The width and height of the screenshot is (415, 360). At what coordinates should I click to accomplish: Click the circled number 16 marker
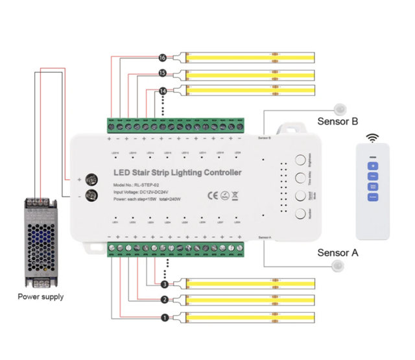(x=162, y=57)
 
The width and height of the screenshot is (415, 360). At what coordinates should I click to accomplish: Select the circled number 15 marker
(x=162, y=74)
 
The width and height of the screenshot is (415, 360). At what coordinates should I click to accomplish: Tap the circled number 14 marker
(x=162, y=91)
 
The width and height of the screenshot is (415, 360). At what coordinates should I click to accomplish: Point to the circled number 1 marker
(x=164, y=318)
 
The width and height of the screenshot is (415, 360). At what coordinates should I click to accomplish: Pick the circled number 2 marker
(x=164, y=300)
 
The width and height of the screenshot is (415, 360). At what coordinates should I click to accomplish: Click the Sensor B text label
(x=337, y=121)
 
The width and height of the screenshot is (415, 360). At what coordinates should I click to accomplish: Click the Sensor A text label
(x=337, y=252)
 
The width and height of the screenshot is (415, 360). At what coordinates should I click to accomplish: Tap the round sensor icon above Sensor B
(x=338, y=108)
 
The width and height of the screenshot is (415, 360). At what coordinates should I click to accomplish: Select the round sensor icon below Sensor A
(x=337, y=266)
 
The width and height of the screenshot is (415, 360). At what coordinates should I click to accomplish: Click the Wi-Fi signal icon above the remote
(x=372, y=138)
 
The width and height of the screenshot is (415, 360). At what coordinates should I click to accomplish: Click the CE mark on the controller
(x=213, y=195)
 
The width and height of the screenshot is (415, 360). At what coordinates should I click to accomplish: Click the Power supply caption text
(x=41, y=297)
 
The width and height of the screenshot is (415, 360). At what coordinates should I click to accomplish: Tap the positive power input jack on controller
(x=92, y=178)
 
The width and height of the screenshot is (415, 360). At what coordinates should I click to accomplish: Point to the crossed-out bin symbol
(x=236, y=195)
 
